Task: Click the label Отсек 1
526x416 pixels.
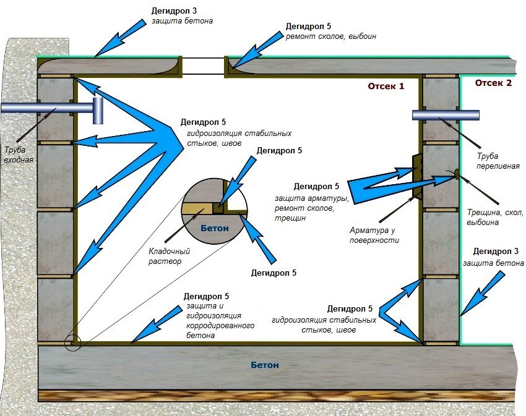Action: pos(386,86)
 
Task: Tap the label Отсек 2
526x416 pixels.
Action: pos(493,83)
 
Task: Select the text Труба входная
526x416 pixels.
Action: pos(19,155)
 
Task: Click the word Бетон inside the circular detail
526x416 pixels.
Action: pos(214,228)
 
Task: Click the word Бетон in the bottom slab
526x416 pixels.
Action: pos(265,365)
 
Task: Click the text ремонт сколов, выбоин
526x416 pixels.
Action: pos(330,36)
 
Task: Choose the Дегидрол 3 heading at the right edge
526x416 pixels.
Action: pos(494,252)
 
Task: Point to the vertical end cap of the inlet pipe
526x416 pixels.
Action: pos(98,111)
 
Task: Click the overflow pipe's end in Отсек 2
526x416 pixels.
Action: pos(478,115)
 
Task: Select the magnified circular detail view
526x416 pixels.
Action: pos(213,214)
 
